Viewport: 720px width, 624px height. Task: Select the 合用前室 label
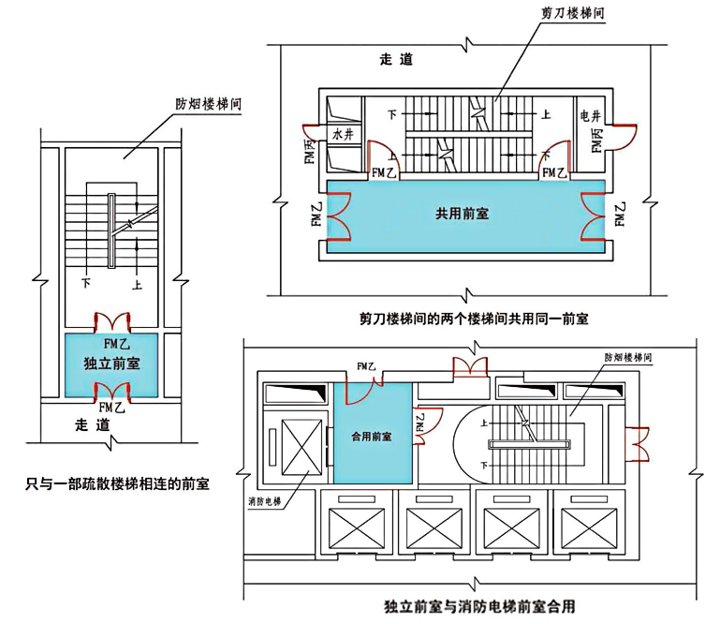(x=372, y=436)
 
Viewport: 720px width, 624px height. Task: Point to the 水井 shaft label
(x=343, y=135)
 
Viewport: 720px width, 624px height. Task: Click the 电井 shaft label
(x=591, y=115)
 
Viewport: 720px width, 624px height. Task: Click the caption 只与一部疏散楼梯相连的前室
(x=118, y=484)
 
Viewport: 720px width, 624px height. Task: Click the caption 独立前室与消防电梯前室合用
(x=478, y=606)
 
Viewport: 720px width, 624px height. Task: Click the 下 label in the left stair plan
(x=86, y=282)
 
